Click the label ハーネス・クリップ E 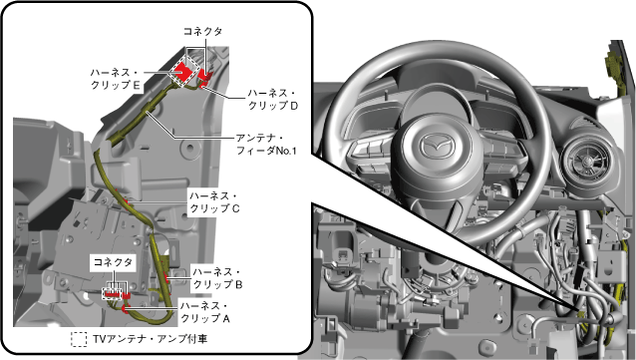(x=116, y=79)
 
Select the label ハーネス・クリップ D (x=273, y=100)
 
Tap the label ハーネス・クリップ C (x=214, y=202)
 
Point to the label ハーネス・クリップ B (x=217, y=278)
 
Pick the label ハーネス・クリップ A (x=204, y=312)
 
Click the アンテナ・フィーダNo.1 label (x=266, y=145)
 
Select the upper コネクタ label (x=202, y=31)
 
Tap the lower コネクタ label (x=113, y=262)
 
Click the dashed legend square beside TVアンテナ (x=79, y=340)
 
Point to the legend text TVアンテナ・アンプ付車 (x=151, y=339)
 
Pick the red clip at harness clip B (x=166, y=279)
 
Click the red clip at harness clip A (x=125, y=310)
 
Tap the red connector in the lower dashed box (x=114, y=292)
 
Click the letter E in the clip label (x=137, y=85)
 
